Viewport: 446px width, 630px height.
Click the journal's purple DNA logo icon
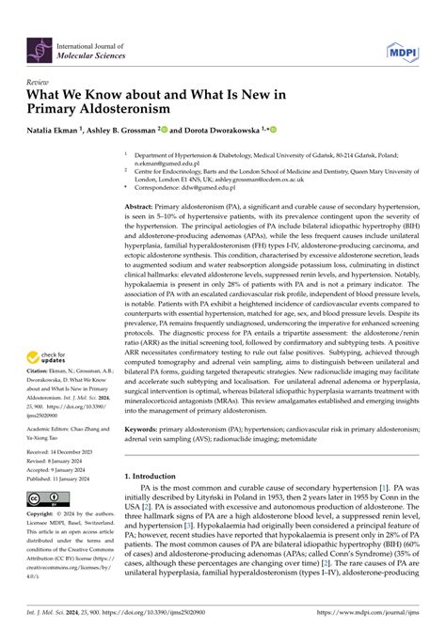click(40, 44)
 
